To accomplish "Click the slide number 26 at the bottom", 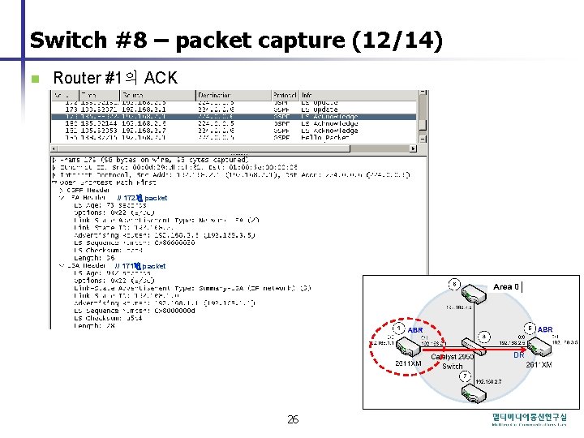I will point(293,419).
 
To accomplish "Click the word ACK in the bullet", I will point(161,78).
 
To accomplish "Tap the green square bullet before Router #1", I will point(33,79).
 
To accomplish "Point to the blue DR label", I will point(520,355).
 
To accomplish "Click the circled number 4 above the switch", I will point(483,334).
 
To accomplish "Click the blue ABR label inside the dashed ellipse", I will point(414,330).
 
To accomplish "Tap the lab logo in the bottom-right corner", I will point(529,419).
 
